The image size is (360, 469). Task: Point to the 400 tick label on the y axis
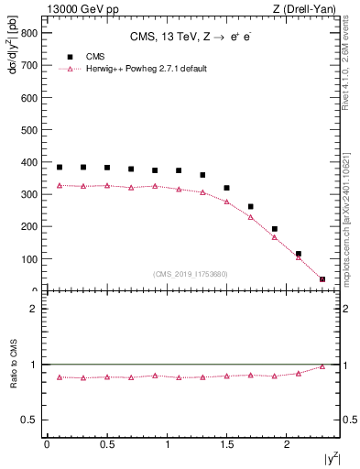[27, 162]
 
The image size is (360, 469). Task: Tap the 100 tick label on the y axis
[27, 259]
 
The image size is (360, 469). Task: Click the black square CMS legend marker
[71, 57]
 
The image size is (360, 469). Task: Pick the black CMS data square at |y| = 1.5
[226, 188]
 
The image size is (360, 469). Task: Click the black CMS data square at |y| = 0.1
[60, 167]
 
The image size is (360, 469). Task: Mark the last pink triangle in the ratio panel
[322, 366]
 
